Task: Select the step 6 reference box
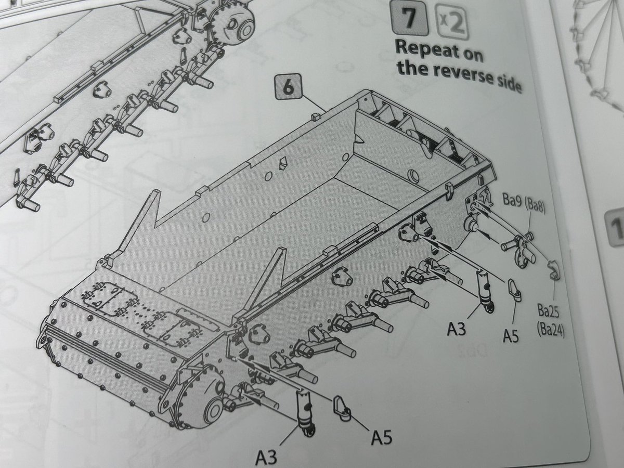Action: (x=288, y=87)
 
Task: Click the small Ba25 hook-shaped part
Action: (x=553, y=270)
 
